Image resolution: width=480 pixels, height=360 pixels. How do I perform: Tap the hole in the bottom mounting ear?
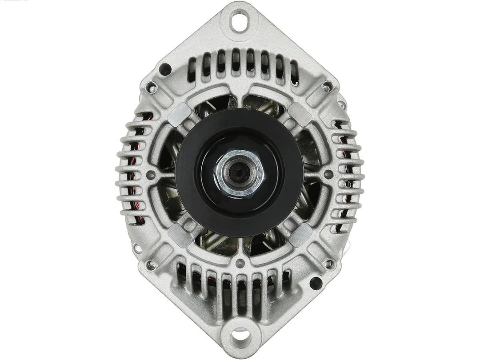[x=240, y=334]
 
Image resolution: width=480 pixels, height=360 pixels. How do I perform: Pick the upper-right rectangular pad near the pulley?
[x=300, y=113]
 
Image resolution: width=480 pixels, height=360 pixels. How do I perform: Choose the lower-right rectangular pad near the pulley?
[x=300, y=234]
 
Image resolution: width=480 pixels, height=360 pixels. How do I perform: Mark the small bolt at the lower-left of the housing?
[x=152, y=264]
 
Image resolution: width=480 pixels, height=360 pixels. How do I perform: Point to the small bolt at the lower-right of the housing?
[x=329, y=264]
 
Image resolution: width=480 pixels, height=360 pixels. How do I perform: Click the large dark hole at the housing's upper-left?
[x=165, y=69]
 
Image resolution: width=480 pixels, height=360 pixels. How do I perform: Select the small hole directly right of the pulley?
[x=328, y=174]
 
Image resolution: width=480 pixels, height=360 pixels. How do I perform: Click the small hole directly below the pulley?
[x=240, y=262]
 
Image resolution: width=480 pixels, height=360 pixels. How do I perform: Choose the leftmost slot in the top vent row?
[x=192, y=69]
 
